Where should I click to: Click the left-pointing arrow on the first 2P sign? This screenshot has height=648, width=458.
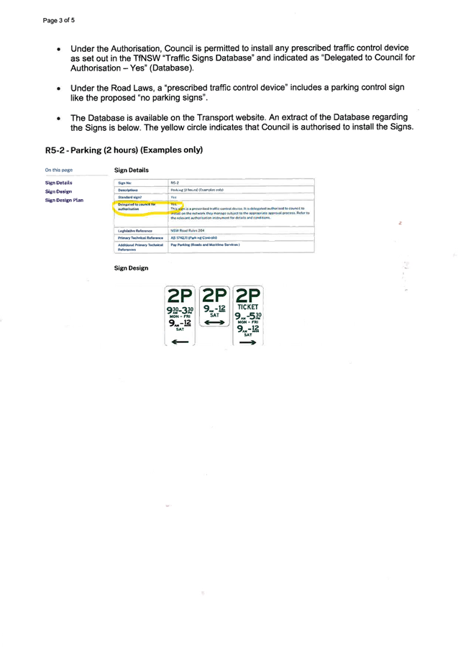179,341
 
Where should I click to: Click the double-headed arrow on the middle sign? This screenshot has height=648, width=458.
214,323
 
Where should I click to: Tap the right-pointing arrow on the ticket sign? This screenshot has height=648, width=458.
248,342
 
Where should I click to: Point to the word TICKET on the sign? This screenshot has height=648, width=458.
248,307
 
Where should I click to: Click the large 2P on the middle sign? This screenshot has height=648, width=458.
214,296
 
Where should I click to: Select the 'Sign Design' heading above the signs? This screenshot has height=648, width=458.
131,268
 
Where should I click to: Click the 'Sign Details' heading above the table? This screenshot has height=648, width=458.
131,170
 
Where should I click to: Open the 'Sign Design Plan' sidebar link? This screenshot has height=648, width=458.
65,200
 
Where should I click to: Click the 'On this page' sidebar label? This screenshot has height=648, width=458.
58,170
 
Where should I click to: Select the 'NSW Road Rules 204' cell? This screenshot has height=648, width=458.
188,230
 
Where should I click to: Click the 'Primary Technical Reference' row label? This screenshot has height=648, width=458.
141,237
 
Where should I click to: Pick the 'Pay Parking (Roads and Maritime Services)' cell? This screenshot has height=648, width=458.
205,245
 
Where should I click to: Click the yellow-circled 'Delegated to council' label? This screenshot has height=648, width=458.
137,205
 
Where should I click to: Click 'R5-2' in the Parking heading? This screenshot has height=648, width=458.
55,150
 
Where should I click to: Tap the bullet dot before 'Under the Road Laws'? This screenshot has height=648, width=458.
58,88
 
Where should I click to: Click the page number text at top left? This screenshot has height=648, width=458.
59,20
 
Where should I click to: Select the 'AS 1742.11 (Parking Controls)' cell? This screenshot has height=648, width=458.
193,237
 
